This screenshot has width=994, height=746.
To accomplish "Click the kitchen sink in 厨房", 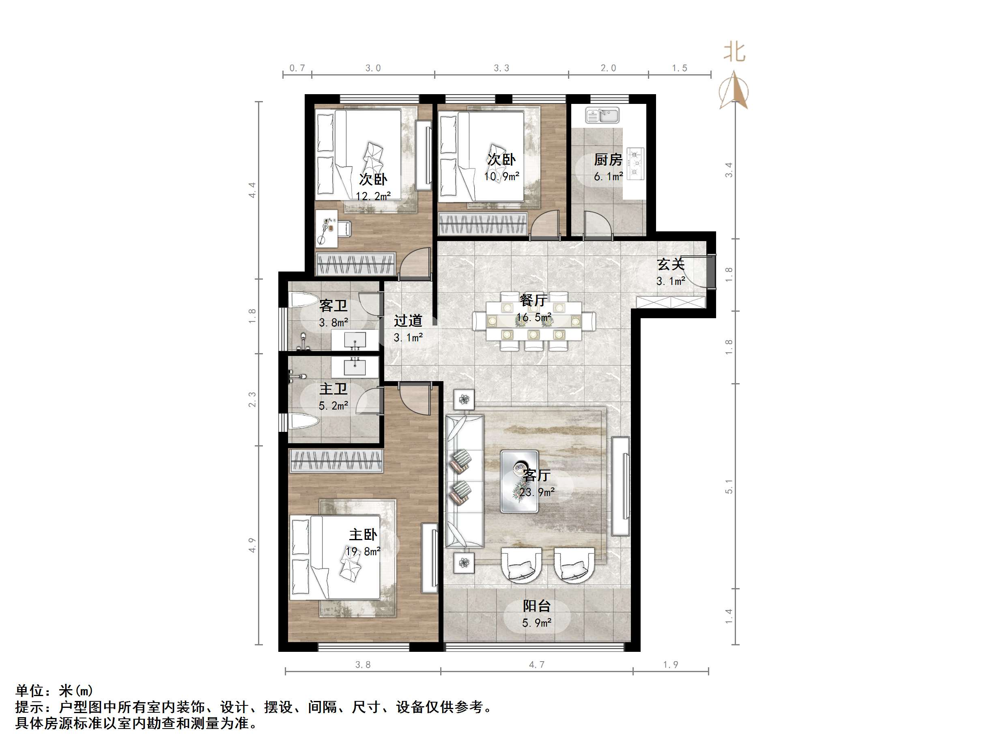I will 602,115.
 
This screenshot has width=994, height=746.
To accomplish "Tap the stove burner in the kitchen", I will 635,162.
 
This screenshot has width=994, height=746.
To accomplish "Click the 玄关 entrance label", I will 671,264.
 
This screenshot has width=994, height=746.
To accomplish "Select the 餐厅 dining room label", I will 534,300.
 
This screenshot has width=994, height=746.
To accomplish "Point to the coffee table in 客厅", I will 519,481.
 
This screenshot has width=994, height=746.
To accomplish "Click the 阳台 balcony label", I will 536,606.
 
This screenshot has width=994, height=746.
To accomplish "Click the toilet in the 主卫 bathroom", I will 304,421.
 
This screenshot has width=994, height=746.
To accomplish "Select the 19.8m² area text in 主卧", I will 363,551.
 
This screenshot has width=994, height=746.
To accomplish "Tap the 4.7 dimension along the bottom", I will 536,664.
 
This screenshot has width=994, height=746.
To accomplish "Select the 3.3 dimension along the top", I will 501,68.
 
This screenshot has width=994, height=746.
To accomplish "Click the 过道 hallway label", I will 408,321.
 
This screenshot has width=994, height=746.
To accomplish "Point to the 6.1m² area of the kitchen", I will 609,176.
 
